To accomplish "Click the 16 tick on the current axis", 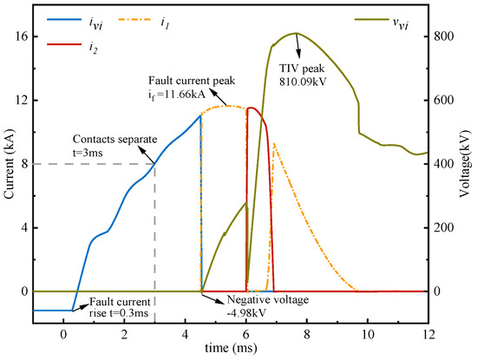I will point(23,36).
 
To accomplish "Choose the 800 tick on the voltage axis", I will point(444,36).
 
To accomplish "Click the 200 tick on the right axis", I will point(444,227).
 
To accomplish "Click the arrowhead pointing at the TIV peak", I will point(300,37).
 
